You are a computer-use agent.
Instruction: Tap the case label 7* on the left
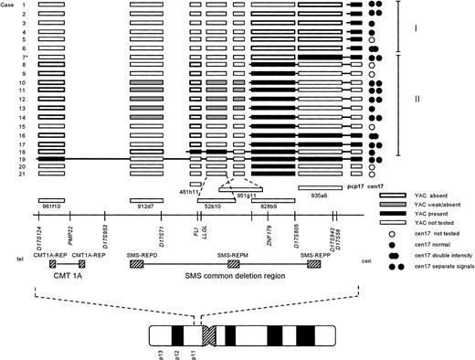[x=25, y=58]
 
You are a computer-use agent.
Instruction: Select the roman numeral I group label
[x=417, y=29]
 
